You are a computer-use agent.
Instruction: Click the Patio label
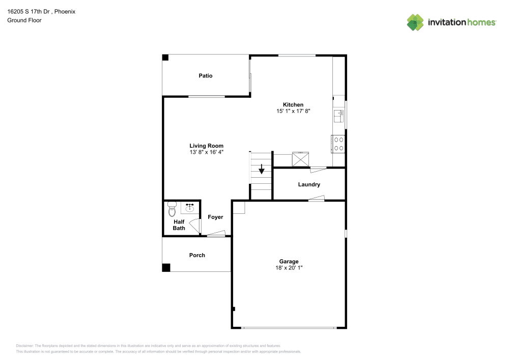coord(206,76)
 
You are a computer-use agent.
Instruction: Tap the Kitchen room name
coord(293,105)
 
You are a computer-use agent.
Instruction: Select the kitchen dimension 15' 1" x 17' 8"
coord(293,111)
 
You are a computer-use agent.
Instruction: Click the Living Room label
coord(207,146)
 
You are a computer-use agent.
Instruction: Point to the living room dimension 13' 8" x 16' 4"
coord(207,152)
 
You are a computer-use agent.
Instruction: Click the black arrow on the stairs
coord(262,170)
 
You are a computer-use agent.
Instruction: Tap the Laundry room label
coord(309,184)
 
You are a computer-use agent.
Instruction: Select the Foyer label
coord(215,217)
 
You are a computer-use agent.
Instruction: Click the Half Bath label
coord(179,225)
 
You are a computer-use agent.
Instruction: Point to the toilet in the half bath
coord(172,209)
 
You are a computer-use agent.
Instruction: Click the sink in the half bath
coord(190,208)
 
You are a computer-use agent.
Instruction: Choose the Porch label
coord(197,255)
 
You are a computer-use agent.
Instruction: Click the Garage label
coord(289,262)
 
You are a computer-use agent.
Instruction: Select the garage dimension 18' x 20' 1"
coord(289,268)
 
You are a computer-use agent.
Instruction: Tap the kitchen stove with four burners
coord(338,144)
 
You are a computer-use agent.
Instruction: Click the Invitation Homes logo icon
coord(415,22)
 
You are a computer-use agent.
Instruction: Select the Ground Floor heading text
coord(24,20)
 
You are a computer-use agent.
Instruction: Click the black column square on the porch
coord(166,267)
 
